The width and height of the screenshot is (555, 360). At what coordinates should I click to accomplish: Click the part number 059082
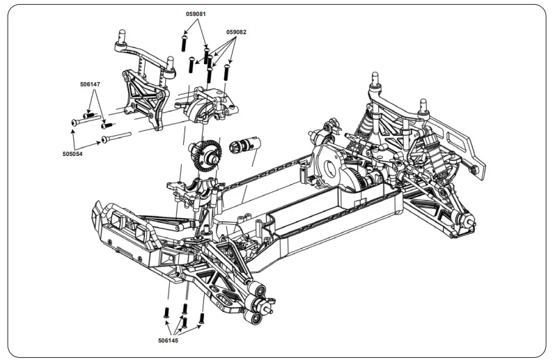236,32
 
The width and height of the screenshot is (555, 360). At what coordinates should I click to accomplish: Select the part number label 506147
91,84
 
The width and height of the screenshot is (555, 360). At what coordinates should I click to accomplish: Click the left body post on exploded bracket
120,36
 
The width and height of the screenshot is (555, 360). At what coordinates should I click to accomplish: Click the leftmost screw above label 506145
167,313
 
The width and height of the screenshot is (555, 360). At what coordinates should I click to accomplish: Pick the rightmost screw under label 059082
227,70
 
